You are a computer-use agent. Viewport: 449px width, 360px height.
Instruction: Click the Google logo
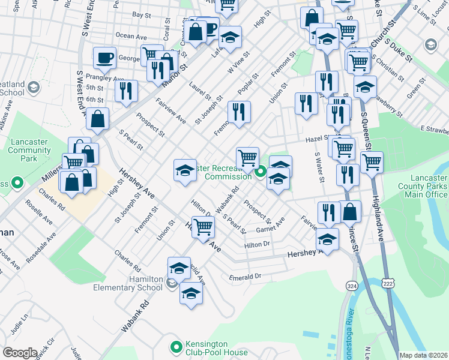pos(20,353)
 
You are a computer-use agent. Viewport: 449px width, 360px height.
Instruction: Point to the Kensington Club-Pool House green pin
pos(176,346)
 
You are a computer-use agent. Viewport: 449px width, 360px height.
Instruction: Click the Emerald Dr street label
pos(246,277)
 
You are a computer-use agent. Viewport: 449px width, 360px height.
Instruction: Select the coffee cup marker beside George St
pos(104,58)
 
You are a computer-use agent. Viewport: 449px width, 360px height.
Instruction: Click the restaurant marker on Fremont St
pos(239,112)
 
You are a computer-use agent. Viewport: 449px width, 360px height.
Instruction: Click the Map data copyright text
pos(423,355)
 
